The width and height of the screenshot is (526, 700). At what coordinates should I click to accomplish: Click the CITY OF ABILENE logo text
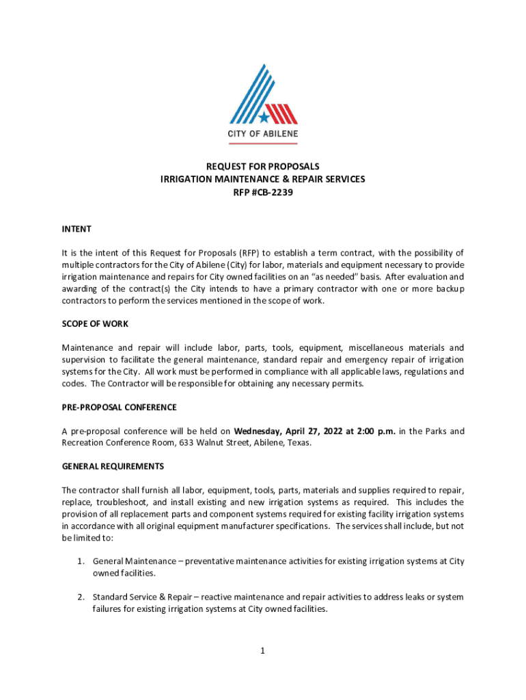pyautogui.click(x=262, y=134)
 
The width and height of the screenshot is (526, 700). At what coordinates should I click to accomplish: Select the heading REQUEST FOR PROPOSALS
pyautogui.click(x=263, y=166)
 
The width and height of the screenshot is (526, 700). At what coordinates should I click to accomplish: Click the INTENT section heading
pyautogui.click(x=77, y=228)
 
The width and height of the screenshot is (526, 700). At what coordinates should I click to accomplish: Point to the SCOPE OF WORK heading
pyautogui.click(x=95, y=323)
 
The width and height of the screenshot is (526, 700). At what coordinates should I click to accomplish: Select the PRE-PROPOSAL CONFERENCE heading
pyautogui.click(x=119, y=407)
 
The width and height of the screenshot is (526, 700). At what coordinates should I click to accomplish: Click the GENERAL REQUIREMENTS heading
pyautogui.click(x=113, y=466)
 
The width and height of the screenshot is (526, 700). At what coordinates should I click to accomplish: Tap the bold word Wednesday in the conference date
pyautogui.click(x=258, y=431)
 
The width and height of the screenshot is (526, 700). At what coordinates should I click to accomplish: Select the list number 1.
pyautogui.click(x=80, y=561)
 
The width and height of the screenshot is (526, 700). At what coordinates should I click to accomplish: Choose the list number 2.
pyautogui.click(x=80, y=597)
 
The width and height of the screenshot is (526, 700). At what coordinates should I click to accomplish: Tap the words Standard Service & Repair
pyautogui.click(x=141, y=597)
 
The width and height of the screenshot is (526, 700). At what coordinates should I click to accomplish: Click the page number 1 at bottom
pyautogui.click(x=262, y=651)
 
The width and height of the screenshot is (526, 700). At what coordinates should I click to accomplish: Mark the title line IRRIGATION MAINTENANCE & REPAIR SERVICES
pyautogui.click(x=263, y=179)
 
